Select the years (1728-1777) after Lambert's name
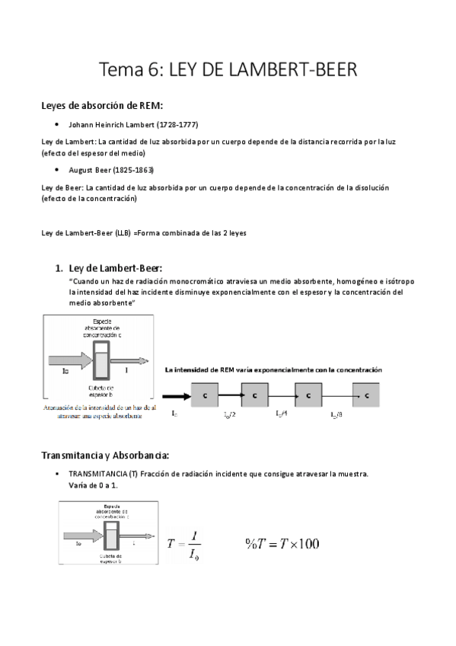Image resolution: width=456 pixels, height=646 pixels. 176,124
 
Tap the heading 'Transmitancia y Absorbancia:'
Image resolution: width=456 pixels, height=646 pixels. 105,456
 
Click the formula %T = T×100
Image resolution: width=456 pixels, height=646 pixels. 282,542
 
